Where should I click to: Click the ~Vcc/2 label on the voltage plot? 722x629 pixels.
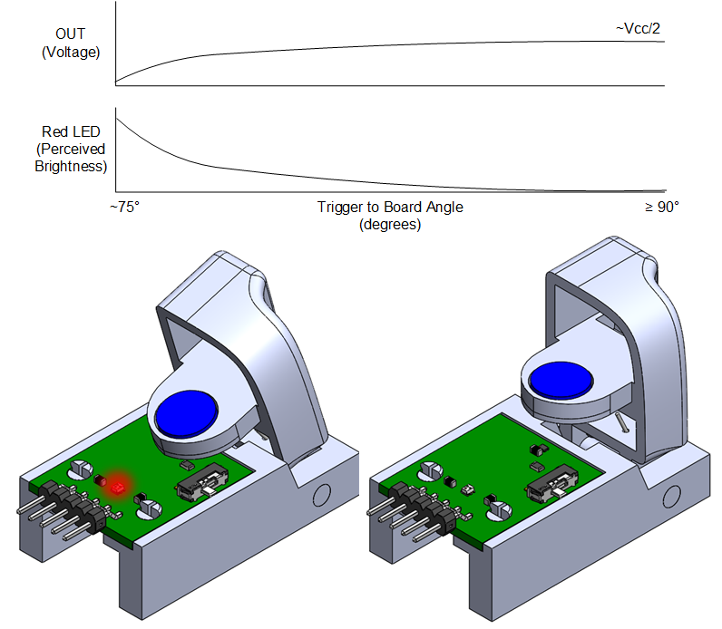click(638, 29)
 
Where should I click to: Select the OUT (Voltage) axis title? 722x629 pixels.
click(70, 44)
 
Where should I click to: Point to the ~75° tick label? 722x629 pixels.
click(124, 207)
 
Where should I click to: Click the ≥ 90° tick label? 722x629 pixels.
click(661, 207)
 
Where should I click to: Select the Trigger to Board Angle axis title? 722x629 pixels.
click(390, 207)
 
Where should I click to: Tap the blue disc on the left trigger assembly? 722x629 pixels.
click(187, 416)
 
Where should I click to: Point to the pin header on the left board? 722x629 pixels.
click(69, 508)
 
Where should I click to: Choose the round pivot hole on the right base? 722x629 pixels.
click(671, 496)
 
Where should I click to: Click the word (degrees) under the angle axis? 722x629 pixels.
click(390, 224)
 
